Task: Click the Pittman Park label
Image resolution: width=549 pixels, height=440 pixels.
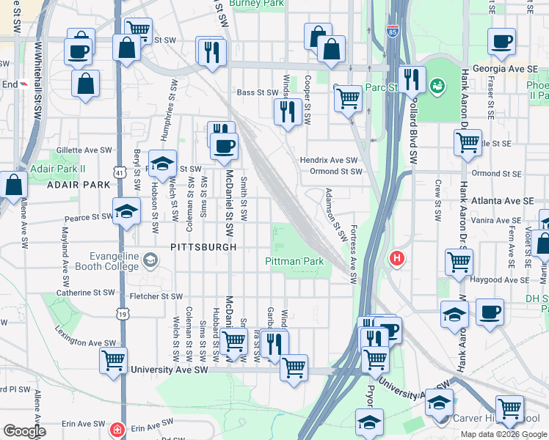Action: [x=294, y=261]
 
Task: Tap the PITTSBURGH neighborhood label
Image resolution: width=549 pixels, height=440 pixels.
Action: [x=203, y=247]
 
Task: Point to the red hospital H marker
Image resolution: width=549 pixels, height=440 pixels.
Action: [x=397, y=258]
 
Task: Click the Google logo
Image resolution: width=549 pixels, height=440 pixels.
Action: [x=24, y=431]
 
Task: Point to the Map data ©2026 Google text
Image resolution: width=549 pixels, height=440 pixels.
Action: [x=503, y=434]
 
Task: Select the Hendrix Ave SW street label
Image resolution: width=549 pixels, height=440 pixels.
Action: [x=328, y=160]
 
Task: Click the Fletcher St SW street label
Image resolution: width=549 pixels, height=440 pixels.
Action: [x=155, y=296]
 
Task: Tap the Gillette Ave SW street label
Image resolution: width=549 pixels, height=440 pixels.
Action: [x=84, y=150]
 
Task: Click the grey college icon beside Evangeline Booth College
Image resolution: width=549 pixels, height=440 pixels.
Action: [x=150, y=260]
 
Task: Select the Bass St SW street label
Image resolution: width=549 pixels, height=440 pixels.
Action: [x=256, y=92]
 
